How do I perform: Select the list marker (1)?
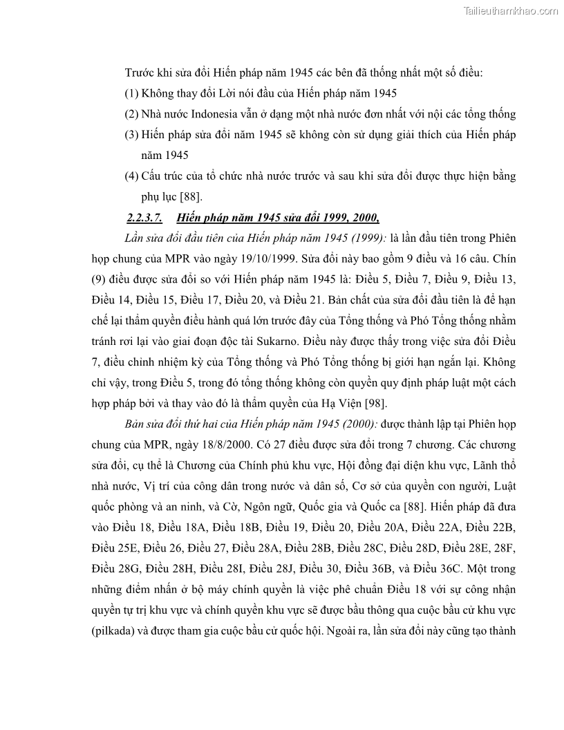coord(131,93)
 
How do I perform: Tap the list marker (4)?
coord(131,176)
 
